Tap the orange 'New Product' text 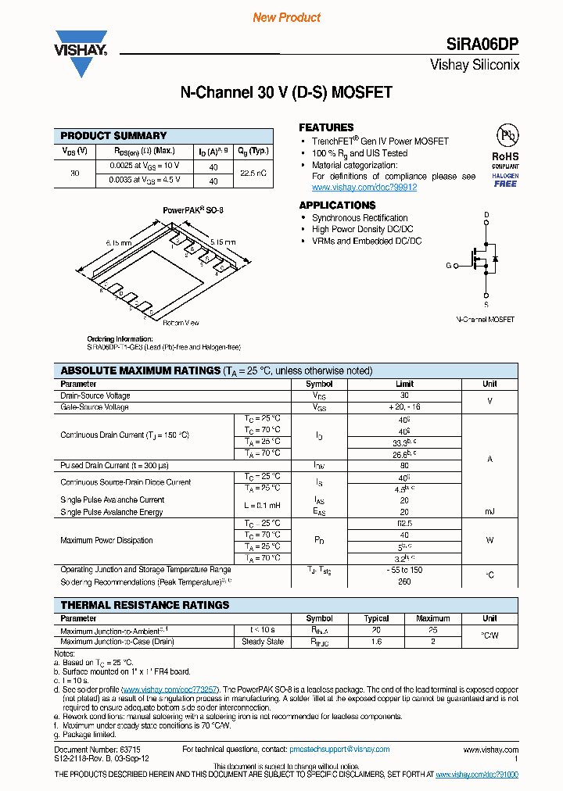coord(286,17)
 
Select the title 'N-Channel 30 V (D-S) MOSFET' coord(285,93)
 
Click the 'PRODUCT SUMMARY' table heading coord(113,135)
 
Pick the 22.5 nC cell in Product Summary coord(253,173)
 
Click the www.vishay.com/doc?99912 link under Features coord(364,188)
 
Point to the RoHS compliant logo coord(505,157)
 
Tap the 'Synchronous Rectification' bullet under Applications coord(360,218)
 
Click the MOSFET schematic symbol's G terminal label coord(449,266)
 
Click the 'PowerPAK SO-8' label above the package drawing coord(193,211)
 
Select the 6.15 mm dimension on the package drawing coord(120,243)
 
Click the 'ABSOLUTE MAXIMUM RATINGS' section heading coord(140,370)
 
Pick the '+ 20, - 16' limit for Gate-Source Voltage coord(404,407)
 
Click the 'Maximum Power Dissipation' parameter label coord(106,540)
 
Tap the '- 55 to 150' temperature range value coord(404,570)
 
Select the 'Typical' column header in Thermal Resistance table coord(376,618)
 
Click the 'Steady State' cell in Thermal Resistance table coord(263,642)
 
